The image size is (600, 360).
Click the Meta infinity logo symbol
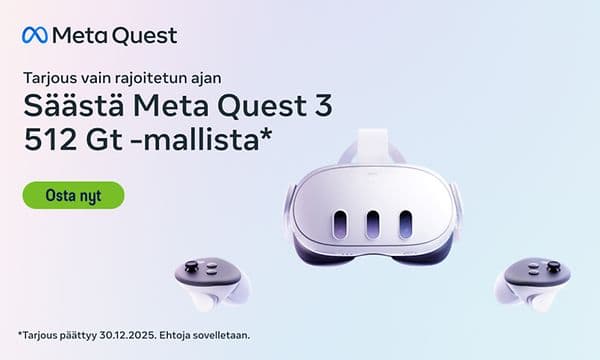pyautogui.click(x=34, y=35)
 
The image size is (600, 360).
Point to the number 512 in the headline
pyautogui.click(x=46, y=139)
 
